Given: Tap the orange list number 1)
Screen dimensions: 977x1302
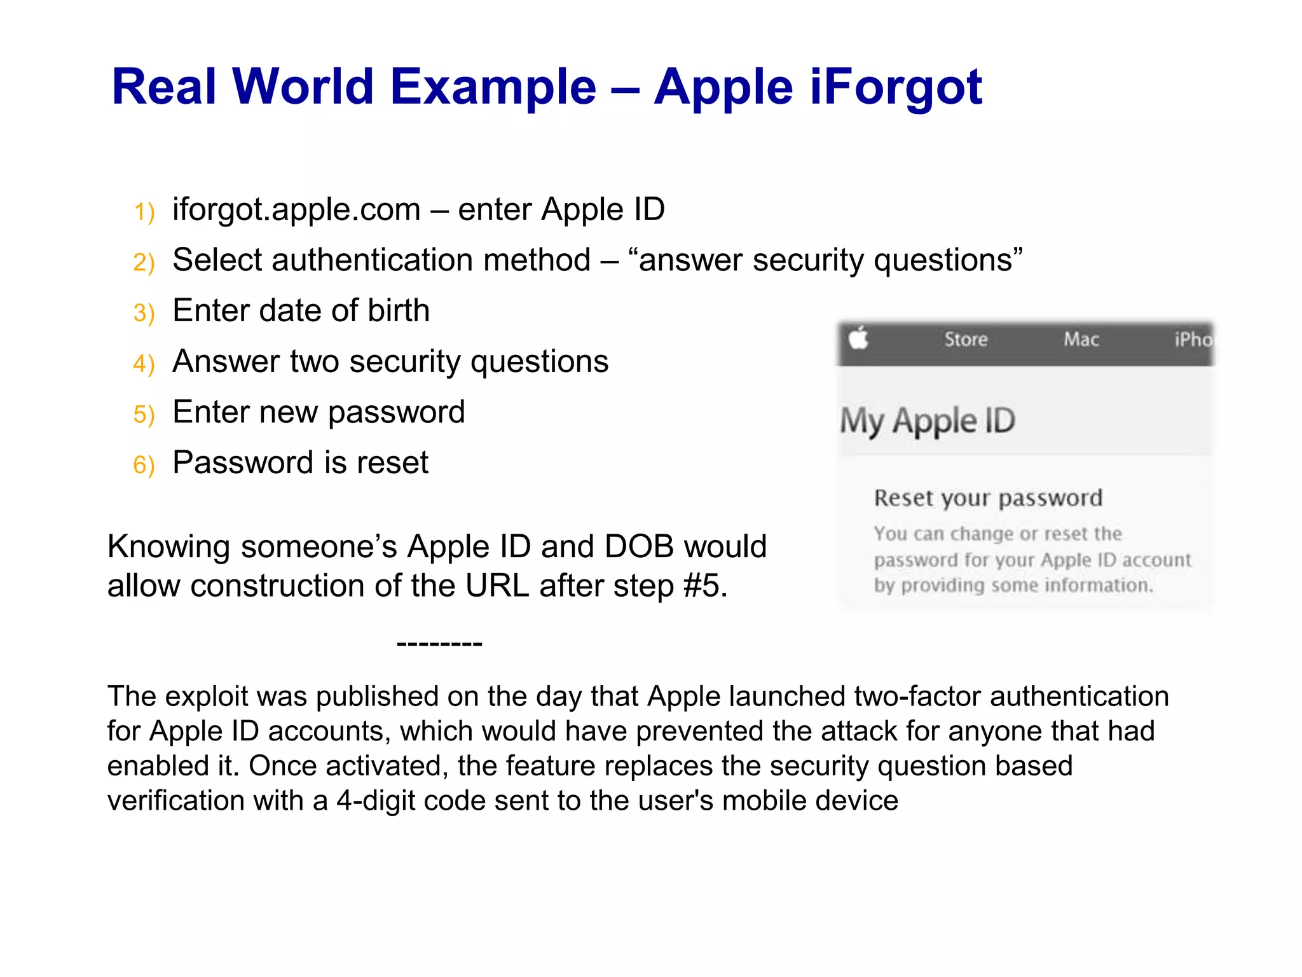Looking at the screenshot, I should pos(144,212).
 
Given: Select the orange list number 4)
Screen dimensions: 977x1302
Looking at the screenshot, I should pos(144,364).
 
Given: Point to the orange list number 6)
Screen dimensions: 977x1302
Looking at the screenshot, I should pos(144,466).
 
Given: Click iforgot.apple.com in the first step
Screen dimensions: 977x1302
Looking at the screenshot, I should pos(296,210).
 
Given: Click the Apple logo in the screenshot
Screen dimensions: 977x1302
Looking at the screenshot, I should pos(859,338).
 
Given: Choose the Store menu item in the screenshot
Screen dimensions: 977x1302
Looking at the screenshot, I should pos(965,340).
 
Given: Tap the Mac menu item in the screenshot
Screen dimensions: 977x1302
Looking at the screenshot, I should pos(1081,340).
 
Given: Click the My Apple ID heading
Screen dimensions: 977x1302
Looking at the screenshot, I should pos(928,421).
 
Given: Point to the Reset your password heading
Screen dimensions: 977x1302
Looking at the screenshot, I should pos(987,498).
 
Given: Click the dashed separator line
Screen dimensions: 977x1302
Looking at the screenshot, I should pos(439,644).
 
